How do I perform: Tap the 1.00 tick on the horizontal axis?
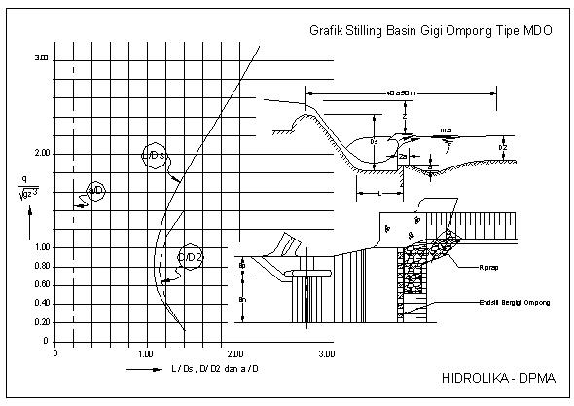click(x=146, y=353)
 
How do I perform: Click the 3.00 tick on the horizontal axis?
click(x=326, y=353)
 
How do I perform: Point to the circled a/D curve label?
click(x=95, y=189)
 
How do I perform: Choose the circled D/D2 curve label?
click(x=191, y=256)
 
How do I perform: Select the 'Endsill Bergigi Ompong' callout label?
click(x=511, y=303)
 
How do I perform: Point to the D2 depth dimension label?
click(x=503, y=147)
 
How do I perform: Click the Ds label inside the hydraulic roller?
click(x=375, y=141)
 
